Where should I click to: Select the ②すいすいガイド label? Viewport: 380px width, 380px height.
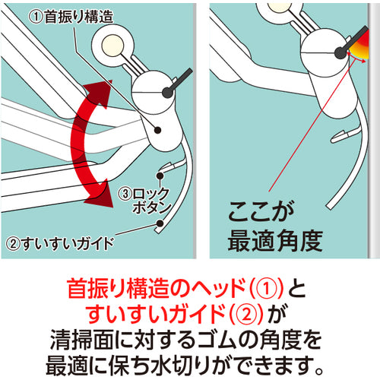pos(60,245)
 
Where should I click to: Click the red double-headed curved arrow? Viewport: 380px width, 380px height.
pos(90,144)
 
